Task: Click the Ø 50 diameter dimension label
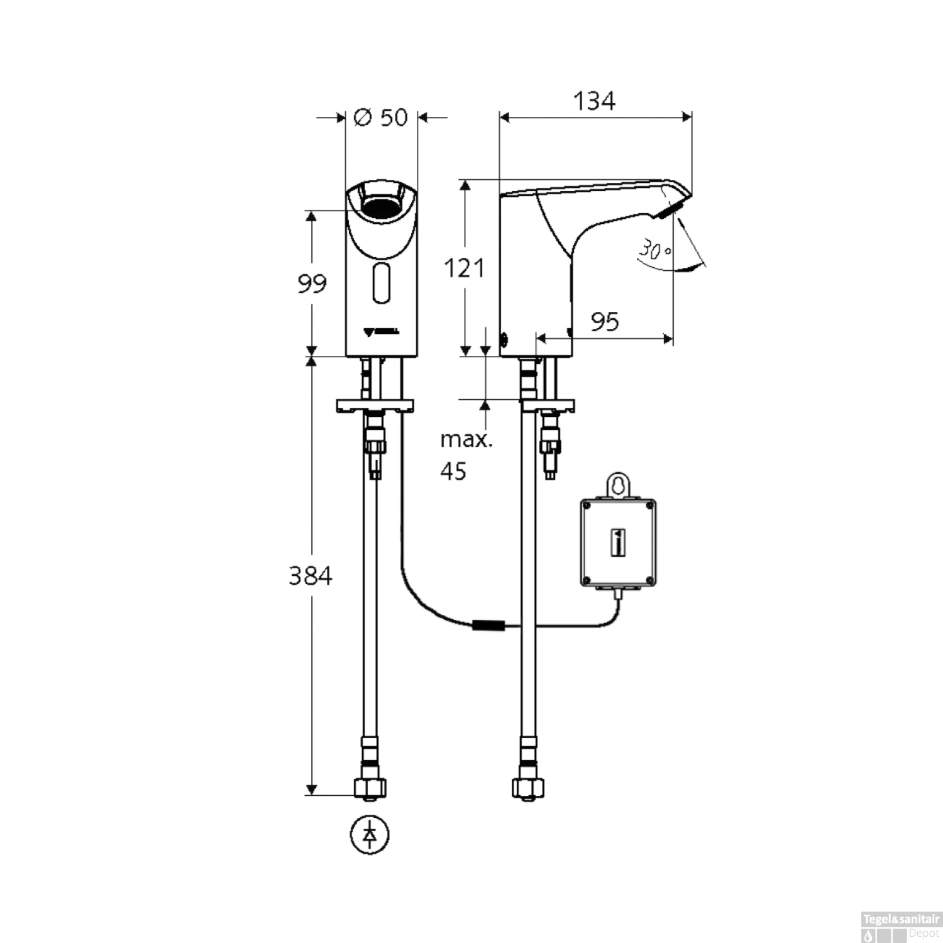[381, 118]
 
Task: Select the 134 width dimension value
[594, 101]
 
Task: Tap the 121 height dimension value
[464, 268]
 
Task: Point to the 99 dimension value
[312, 284]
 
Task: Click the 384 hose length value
[310, 576]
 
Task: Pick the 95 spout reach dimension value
[604, 322]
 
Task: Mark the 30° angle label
[654, 250]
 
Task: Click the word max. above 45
[466, 439]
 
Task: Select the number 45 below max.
[453, 471]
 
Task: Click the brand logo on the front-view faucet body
[381, 332]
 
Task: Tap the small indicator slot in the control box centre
[619, 542]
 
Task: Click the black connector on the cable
[488, 626]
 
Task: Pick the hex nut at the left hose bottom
[370, 787]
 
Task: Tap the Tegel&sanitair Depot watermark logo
[901, 926]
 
